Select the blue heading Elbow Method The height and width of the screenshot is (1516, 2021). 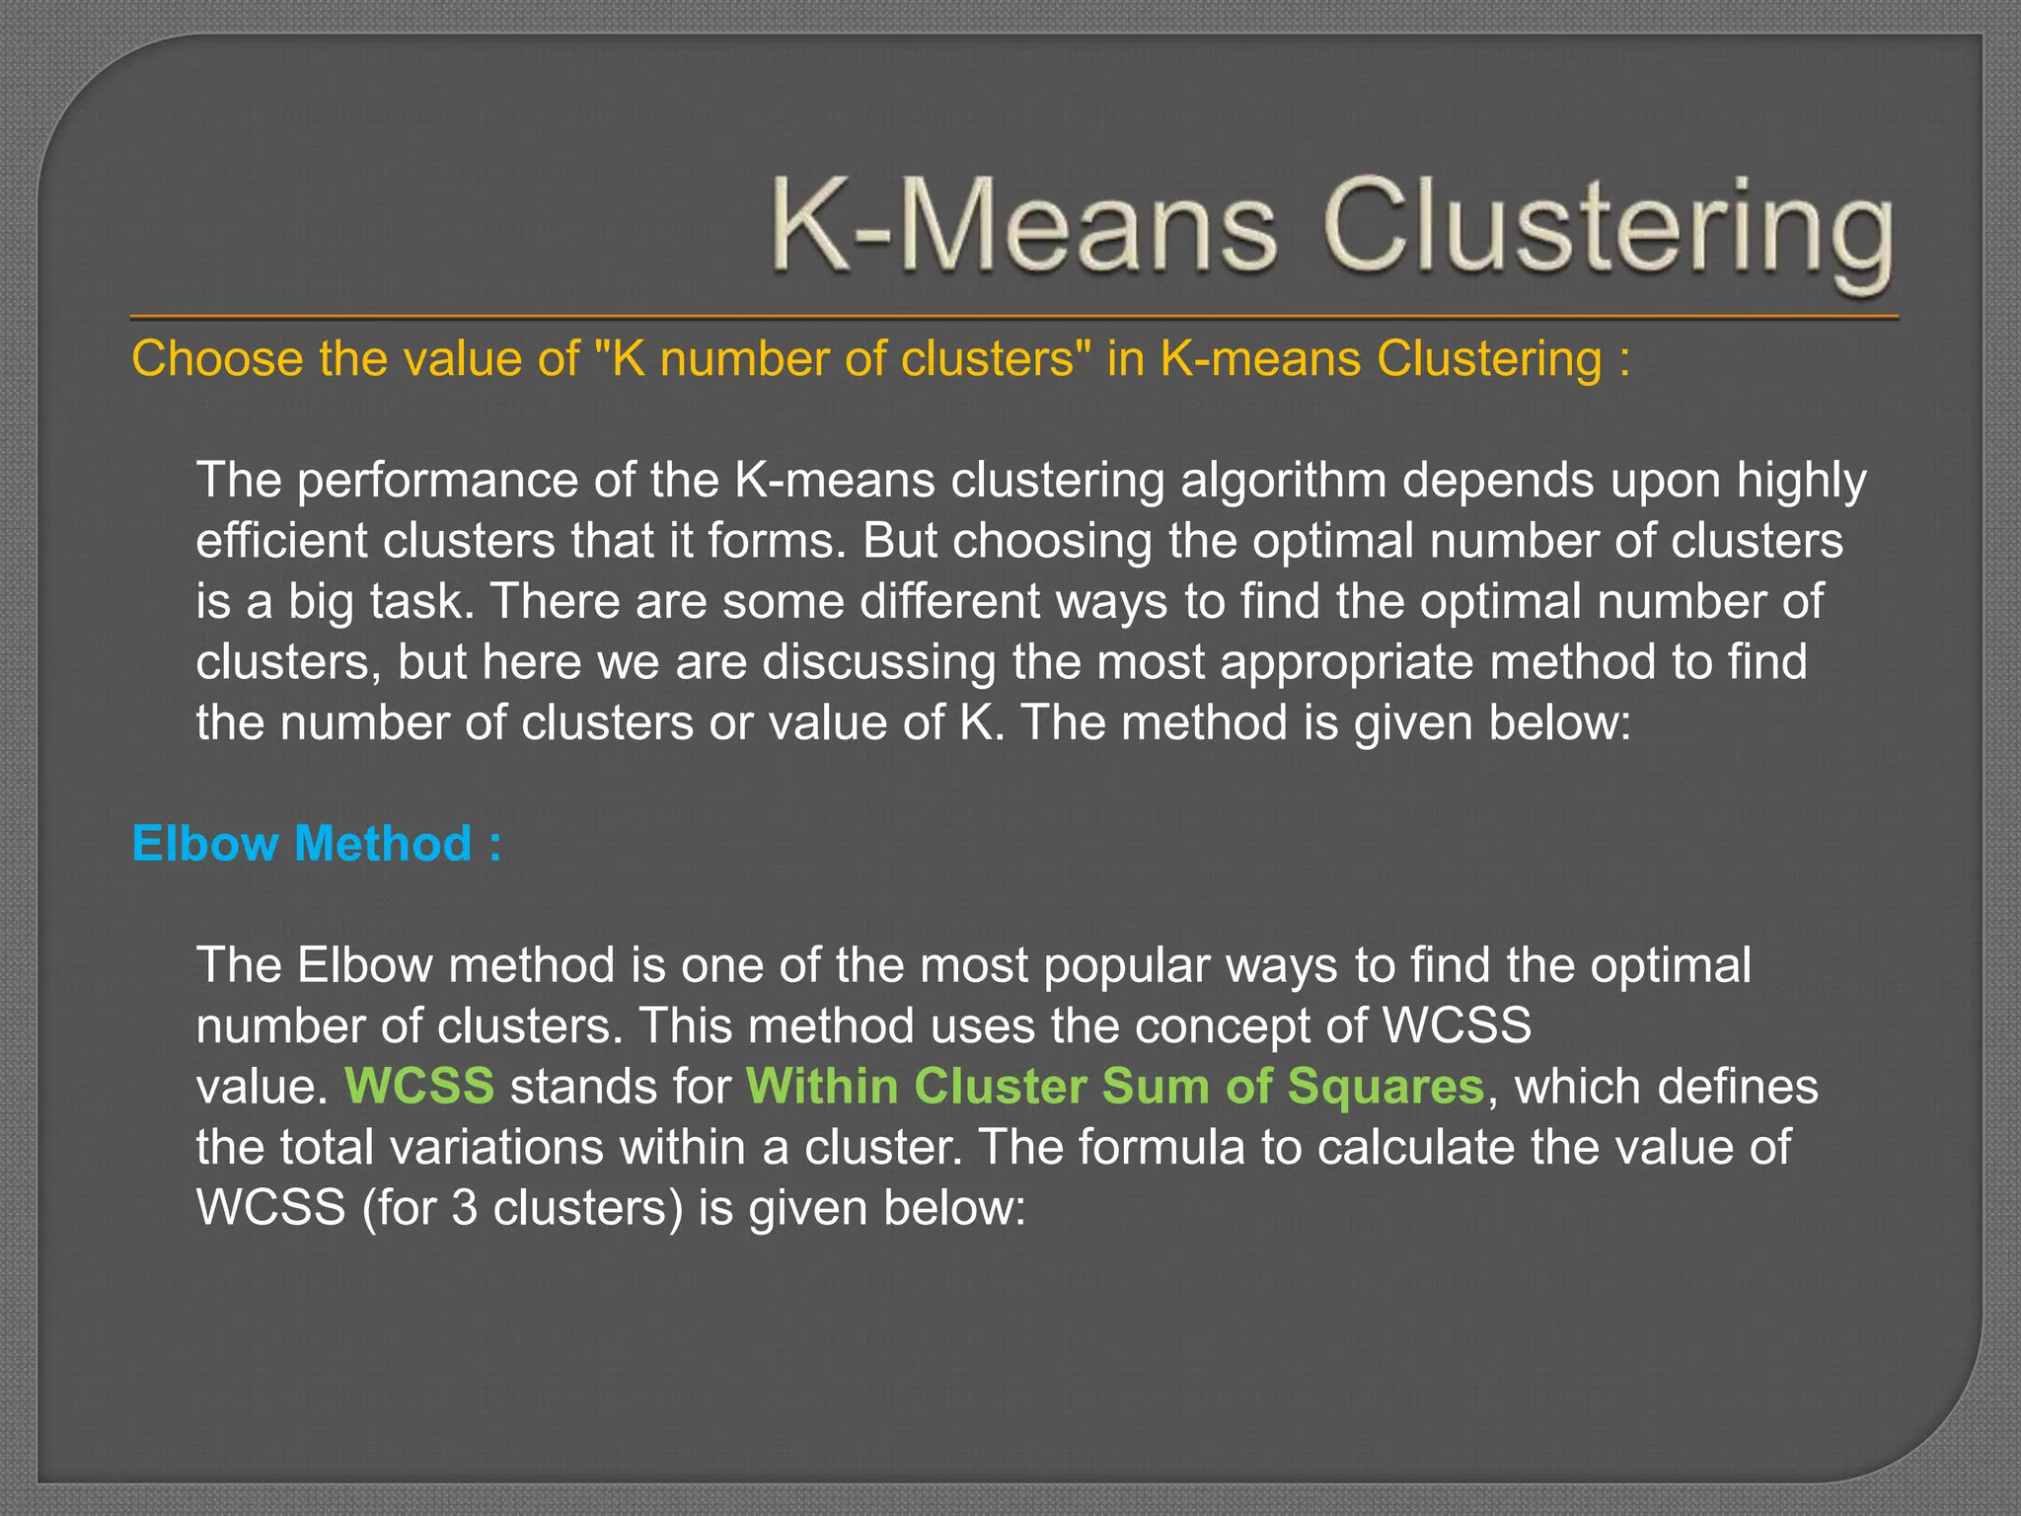[316, 844]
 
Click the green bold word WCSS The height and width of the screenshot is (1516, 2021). [419, 1087]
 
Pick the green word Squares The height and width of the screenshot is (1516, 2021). [1385, 1087]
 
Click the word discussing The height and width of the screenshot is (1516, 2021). [879, 662]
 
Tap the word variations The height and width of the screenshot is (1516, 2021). [487, 1148]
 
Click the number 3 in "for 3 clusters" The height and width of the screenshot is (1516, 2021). [464, 1208]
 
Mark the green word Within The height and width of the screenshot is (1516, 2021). [821, 1087]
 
